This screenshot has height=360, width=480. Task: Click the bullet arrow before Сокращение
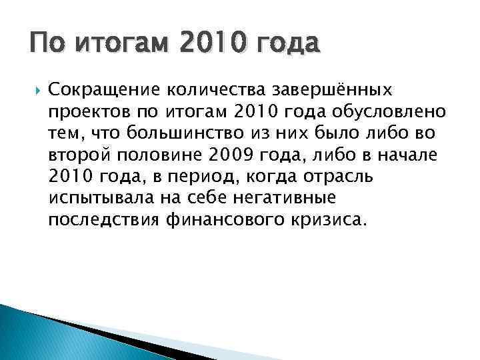[x=35, y=89]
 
